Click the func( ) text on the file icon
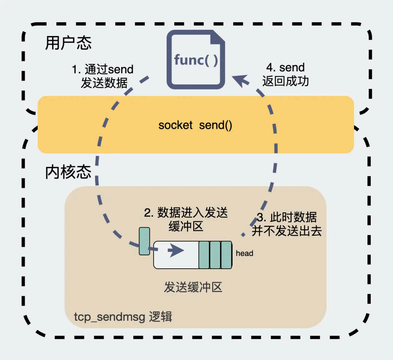click(196, 60)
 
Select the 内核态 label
click(68, 172)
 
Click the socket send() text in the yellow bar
click(195, 125)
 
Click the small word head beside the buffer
click(245, 253)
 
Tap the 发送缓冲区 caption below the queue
click(193, 288)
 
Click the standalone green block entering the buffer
click(144, 241)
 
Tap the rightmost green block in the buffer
click(226, 255)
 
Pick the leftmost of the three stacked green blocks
click(204, 255)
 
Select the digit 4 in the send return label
click(270, 68)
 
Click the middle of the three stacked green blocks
click(215, 255)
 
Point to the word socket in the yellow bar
click(175, 125)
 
